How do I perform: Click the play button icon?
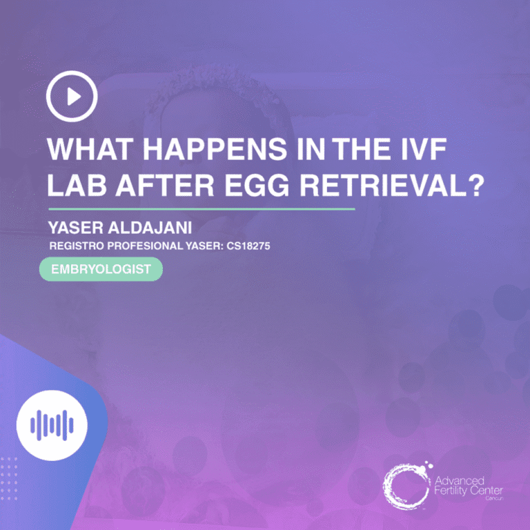click(x=72, y=97)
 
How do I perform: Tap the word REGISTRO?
click(x=75, y=245)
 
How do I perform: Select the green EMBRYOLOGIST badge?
click(x=101, y=269)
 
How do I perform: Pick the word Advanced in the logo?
click(x=460, y=480)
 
